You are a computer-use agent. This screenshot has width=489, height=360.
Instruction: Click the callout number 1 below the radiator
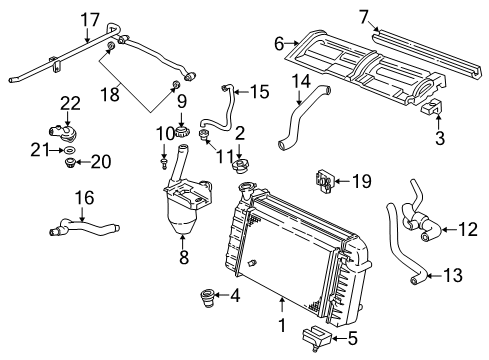(x=282, y=324)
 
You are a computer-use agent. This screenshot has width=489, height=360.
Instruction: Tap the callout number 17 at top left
(x=90, y=19)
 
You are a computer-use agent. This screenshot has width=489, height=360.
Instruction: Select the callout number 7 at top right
(x=364, y=15)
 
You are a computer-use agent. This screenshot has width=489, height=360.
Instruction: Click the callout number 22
(x=68, y=102)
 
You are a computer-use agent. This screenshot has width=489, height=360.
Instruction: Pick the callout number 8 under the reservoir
(x=182, y=256)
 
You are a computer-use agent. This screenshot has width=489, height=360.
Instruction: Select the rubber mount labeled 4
(x=209, y=296)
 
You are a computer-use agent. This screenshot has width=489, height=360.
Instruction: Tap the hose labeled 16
(x=80, y=233)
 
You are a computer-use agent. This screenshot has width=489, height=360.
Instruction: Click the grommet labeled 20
(x=69, y=161)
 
